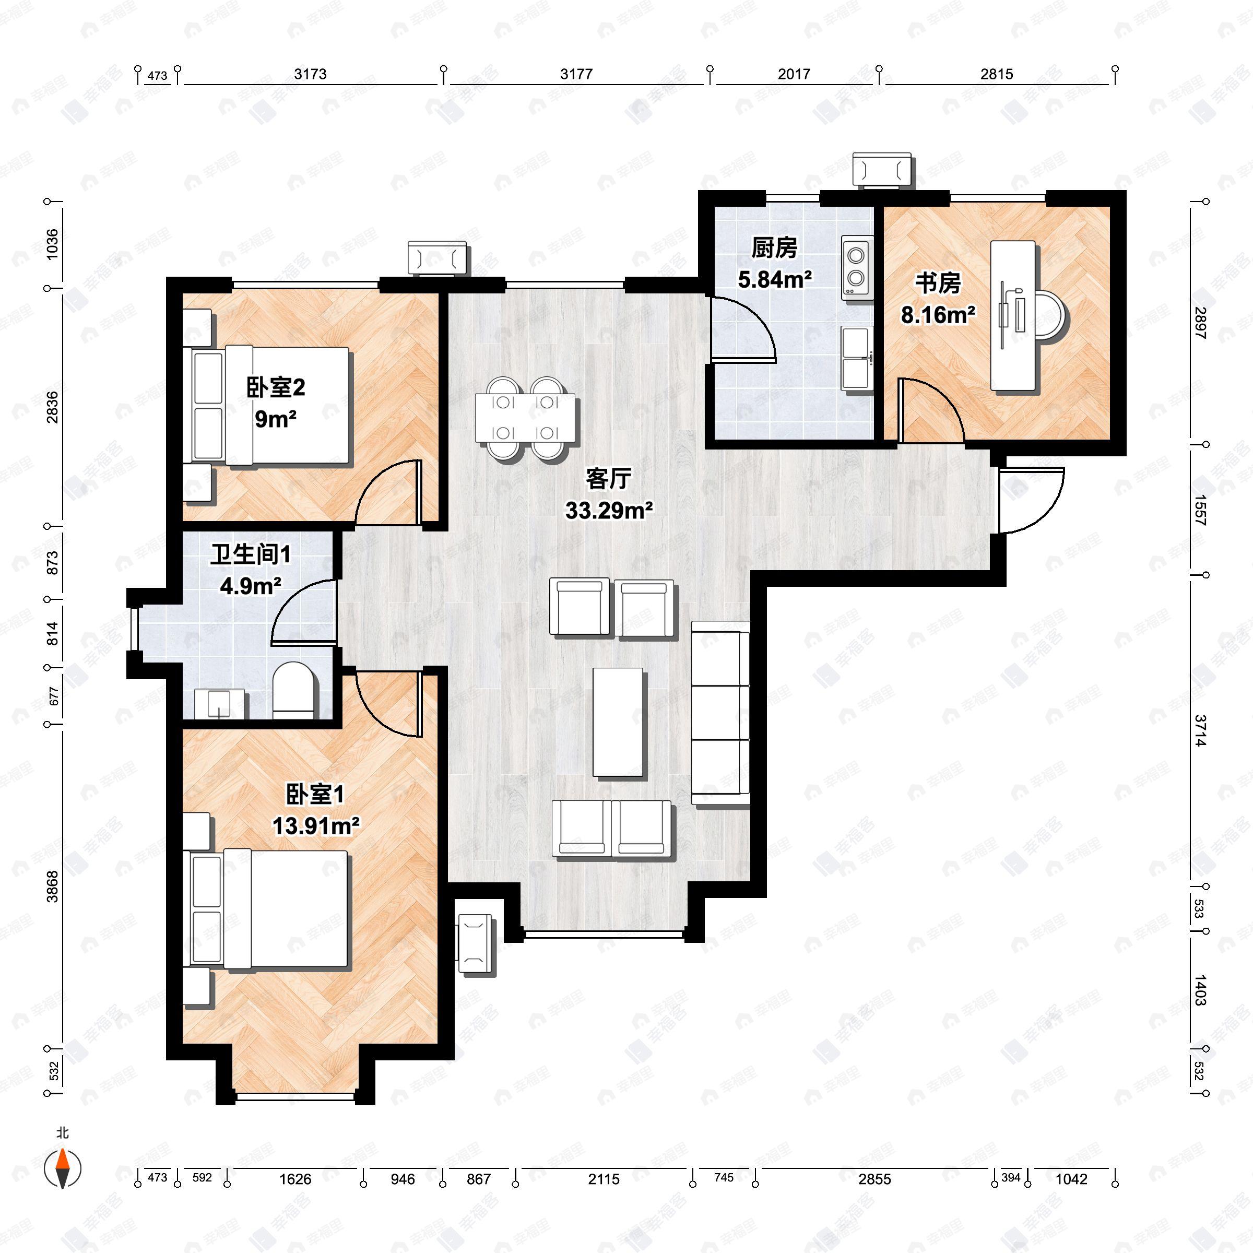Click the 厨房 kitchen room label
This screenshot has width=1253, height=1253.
pyautogui.click(x=774, y=248)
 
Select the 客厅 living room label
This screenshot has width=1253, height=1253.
pyautogui.click(x=608, y=479)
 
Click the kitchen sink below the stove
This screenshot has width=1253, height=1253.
pyautogui.click(x=856, y=358)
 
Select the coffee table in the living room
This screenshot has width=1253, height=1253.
pyautogui.click(x=618, y=723)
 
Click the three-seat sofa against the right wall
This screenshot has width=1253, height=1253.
pyautogui.click(x=720, y=713)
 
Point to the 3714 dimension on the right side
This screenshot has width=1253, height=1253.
pyautogui.click(x=1200, y=730)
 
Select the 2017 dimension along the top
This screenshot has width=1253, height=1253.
pyautogui.click(x=794, y=74)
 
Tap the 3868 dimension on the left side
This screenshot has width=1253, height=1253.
pyautogui.click(x=52, y=886)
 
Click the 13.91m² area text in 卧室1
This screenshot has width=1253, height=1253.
pyautogui.click(x=316, y=826)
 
